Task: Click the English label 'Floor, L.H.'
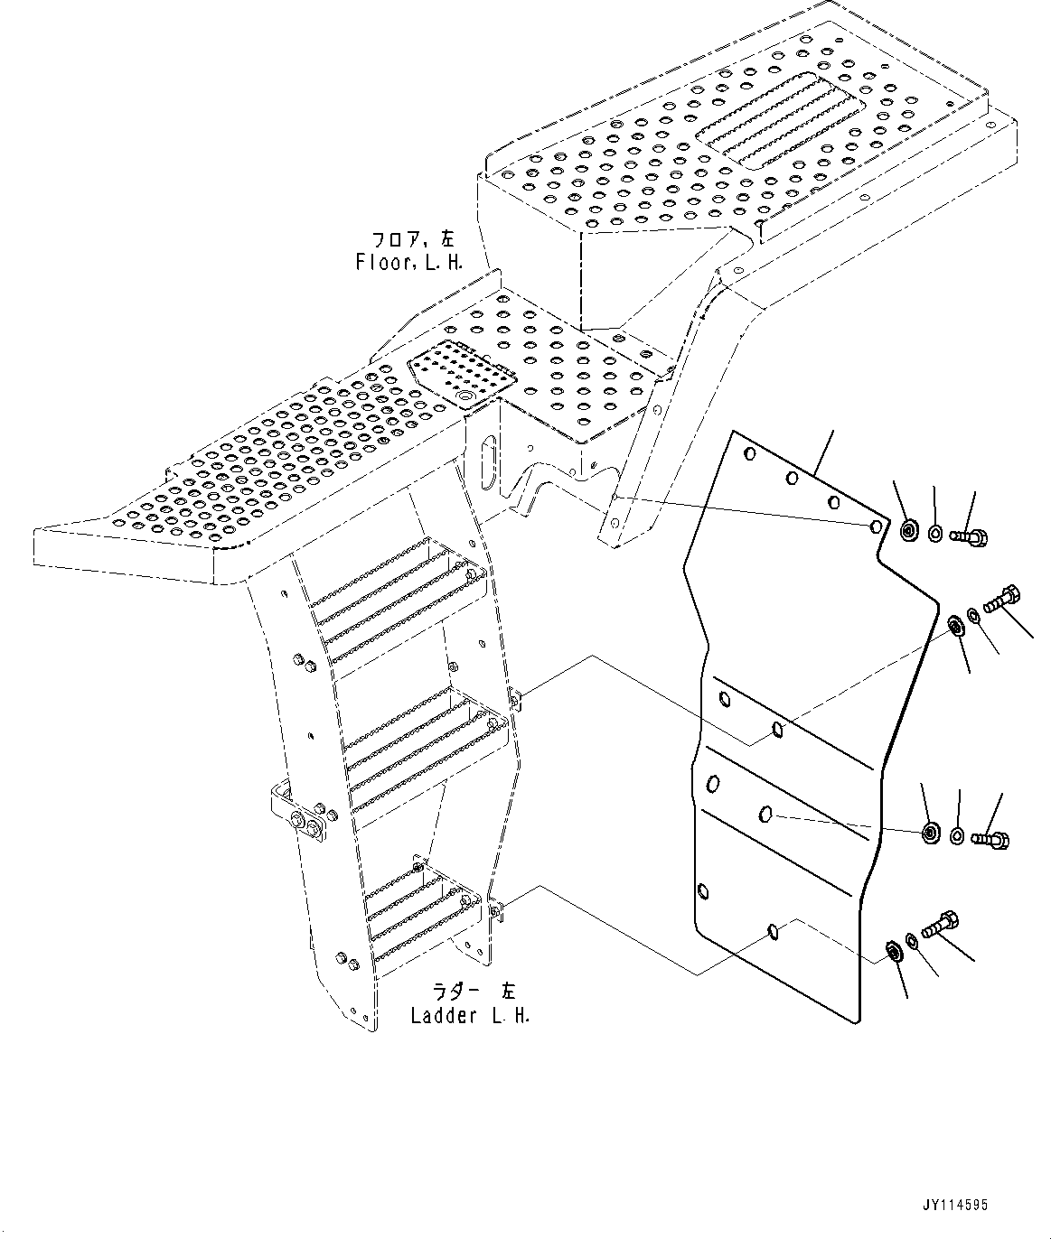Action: pyautogui.click(x=409, y=263)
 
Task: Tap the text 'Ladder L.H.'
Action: pyautogui.click(x=470, y=1015)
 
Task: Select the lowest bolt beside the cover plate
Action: pyautogui.click(x=940, y=925)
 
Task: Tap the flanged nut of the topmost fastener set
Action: pyautogui.click(x=909, y=531)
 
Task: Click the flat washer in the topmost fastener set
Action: pyautogui.click(x=935, y=534)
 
